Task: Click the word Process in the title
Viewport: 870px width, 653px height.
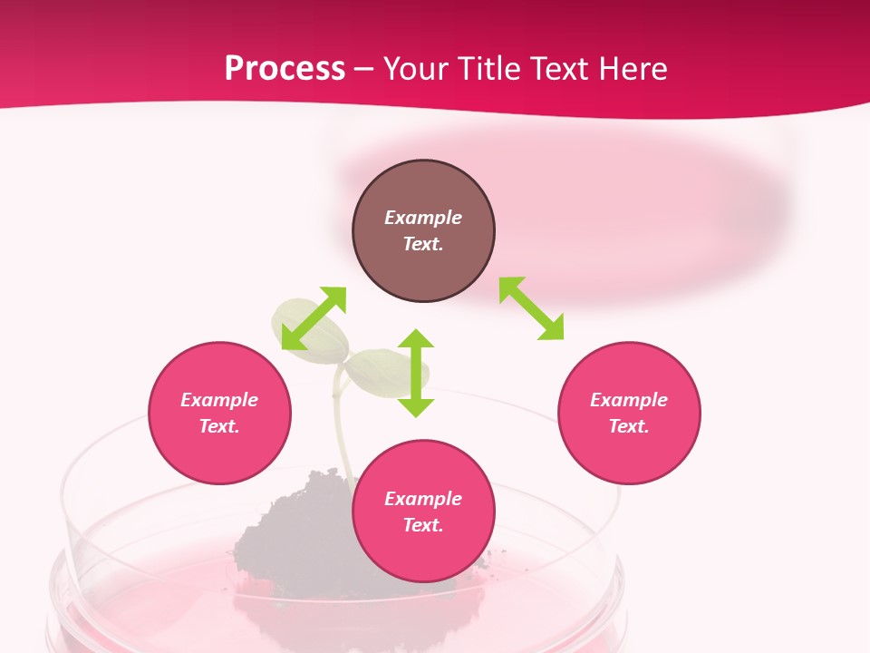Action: tap(285, 69)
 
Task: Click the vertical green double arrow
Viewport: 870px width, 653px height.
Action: tap(416, 373)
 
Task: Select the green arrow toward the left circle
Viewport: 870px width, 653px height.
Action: tap(314, 318)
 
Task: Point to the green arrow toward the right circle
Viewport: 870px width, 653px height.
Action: tap(531, 308)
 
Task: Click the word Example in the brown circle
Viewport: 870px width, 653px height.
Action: tap(423, 218)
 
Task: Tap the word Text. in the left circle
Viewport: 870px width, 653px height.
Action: tap(219, 426)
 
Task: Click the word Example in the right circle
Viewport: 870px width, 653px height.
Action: tap(629, 400)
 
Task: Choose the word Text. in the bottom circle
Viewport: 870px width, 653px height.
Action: tap(423, 525)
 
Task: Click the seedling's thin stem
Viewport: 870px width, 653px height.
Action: tap(343, 426)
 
